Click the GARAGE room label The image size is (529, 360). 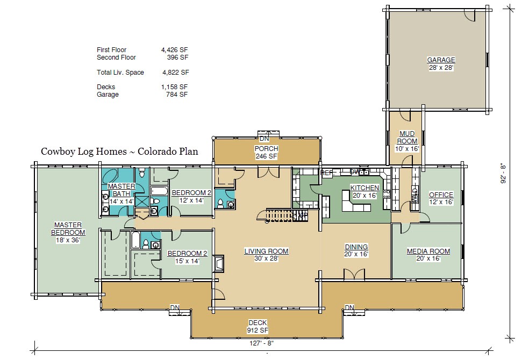tap(441, 60)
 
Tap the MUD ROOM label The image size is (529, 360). tap(407, 137)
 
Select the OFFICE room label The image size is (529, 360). tap(441, 195)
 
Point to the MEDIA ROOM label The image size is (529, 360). tap(428, 251)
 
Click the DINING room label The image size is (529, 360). tap(356, 247)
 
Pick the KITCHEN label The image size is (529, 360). tap(364, 188)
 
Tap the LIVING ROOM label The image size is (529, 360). tap(267, 251)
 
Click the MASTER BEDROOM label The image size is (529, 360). tap(68, 228)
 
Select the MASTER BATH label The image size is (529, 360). tap(121, 190)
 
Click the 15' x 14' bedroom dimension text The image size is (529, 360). tap(187, 261)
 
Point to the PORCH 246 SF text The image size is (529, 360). tap(267, 153)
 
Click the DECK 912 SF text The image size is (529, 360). tap(258, 327)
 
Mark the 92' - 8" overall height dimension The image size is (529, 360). tap(503, 173)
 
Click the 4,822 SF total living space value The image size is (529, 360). tap(175, 73)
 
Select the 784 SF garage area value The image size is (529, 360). tap(177, 95)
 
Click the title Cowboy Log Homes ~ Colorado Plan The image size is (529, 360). tap(119, 152)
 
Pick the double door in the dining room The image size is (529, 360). tap(354, 274)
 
